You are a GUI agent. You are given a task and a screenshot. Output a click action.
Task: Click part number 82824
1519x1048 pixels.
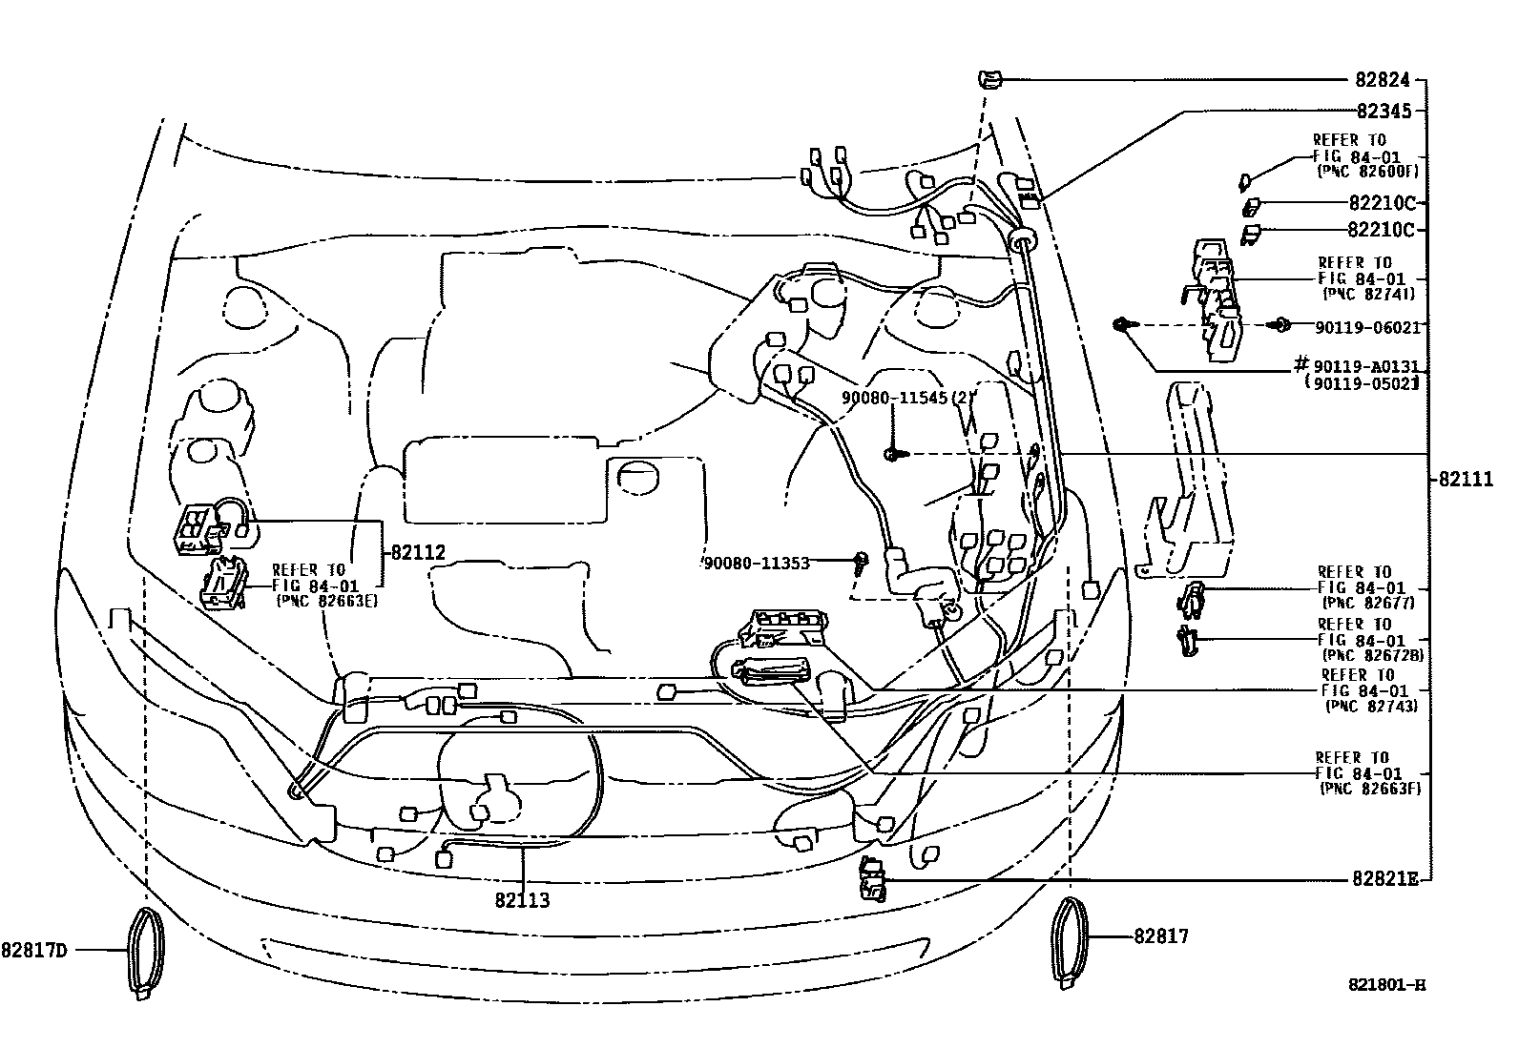(x=1383, y=82)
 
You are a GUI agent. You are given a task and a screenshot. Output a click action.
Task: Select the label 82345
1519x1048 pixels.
(x=1383, y=111)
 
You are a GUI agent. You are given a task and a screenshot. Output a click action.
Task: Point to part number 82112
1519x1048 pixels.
(x=418, y=552)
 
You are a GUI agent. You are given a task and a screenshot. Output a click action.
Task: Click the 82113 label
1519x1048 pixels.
(x=522, y=899)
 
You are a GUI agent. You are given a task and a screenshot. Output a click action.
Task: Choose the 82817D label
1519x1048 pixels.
(x=35, y=950)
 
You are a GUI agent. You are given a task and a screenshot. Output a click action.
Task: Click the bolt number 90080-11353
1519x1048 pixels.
(x=757, y=563)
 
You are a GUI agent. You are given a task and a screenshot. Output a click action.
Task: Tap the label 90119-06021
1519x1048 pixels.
(x=1367, y=327)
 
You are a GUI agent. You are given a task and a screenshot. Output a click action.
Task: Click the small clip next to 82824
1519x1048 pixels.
(x=989, y=80)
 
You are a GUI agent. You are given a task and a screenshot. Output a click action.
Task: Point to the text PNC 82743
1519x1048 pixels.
(x=1370, y=706)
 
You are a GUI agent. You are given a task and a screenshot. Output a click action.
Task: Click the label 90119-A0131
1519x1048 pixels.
(x=1367, y=367)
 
